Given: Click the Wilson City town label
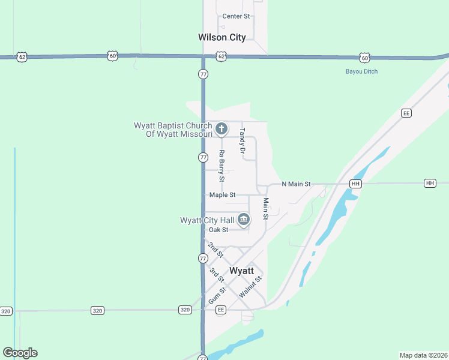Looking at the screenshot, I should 221,37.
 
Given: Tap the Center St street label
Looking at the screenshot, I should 235,16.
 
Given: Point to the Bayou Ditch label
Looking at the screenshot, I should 361,71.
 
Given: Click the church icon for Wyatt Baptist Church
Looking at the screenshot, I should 221,128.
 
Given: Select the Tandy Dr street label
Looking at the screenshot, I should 243,140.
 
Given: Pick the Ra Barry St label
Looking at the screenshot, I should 221,166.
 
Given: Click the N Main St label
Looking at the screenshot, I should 296,184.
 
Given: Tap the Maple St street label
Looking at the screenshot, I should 222,195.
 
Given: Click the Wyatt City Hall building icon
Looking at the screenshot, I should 243,220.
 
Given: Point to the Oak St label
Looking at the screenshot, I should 218,230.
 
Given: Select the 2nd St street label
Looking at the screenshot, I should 215,250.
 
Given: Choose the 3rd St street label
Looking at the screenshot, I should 217,275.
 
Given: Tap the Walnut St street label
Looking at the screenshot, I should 250,287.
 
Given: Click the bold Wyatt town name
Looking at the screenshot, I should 242,271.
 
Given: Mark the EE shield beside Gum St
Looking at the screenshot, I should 221,310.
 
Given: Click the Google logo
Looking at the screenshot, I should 20,353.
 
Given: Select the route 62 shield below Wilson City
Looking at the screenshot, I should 221,56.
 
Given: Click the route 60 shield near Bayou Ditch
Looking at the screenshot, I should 364,57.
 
